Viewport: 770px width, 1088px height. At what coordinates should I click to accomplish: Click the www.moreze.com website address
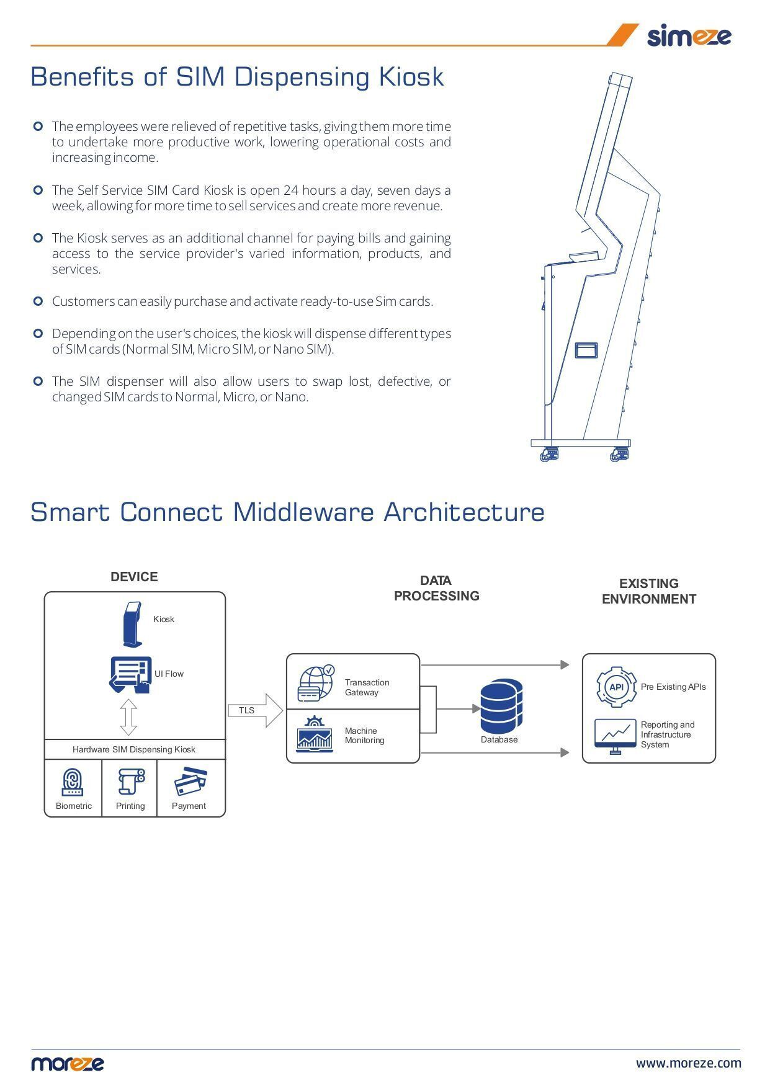click(688, 1063)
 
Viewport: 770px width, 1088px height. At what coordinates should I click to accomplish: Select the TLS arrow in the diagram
click(254, 710)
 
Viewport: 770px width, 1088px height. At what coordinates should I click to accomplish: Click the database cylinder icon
click(501, 707)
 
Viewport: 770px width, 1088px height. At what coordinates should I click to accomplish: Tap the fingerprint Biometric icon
click(73, 782)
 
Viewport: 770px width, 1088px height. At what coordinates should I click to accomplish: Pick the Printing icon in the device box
click(131, 782)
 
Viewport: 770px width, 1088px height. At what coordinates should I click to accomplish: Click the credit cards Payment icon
click(190, 782)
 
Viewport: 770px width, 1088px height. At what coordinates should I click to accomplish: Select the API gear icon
click(616, 687)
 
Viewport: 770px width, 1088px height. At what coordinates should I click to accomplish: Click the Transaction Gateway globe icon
click(316, 683)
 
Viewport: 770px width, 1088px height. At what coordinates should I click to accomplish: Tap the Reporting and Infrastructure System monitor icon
click(615, 736)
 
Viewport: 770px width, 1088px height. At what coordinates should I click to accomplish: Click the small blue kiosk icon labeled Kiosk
click(132, 623)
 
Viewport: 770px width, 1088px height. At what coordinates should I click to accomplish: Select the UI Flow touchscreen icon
click(131, 675)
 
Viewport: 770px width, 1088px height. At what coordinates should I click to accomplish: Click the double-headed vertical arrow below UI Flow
click(128, 717)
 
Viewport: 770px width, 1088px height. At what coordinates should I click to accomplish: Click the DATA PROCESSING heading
click(436, 588)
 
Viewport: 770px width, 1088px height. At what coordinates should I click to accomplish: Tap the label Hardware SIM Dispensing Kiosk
click(134, 749)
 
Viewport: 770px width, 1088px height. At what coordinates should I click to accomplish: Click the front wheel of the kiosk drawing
click(548, 455)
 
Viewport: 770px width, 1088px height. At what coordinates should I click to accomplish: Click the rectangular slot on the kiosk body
click(586, 350)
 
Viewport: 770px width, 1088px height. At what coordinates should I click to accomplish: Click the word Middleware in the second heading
click(303, 512)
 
